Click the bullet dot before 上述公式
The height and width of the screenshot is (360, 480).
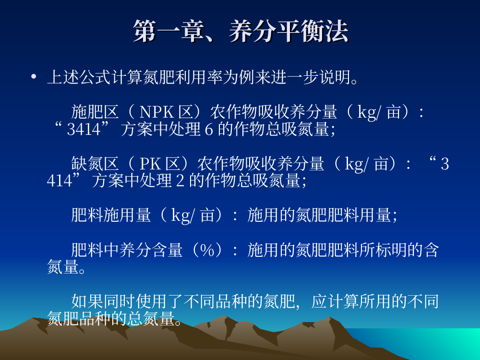[x=34, y=76]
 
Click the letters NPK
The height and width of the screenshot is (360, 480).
[x=156, y=112]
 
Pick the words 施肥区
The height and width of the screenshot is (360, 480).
[x=95, y=112]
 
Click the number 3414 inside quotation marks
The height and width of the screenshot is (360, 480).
[x=84, y=129]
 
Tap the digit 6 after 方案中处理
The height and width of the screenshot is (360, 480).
[x=209, y=129]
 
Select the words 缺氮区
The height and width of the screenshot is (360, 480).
[x=95, y=164]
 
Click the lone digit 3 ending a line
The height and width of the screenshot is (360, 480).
[x=445, y=164]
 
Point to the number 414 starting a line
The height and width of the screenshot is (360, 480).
[x=60, y=180]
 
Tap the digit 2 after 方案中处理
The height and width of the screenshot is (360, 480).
[x=180, y=180]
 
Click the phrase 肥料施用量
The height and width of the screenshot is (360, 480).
[x=111, y=215]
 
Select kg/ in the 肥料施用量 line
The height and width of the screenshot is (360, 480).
[x=182, y=216]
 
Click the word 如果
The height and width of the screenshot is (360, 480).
[x=87, y=301]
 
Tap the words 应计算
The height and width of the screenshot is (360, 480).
[x=336, y=301]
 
